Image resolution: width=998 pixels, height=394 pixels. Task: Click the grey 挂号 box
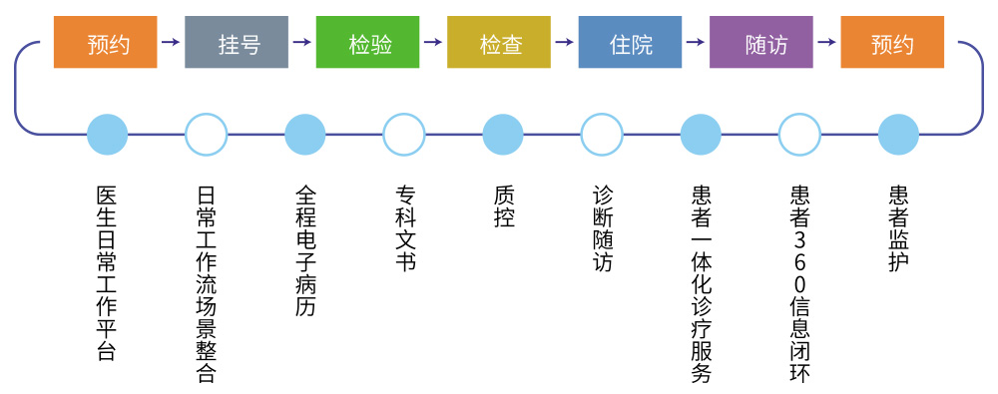[237, 42]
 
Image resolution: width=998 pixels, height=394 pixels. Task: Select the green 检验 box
[367, 42]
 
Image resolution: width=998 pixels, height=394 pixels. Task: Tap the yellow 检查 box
[498, 42]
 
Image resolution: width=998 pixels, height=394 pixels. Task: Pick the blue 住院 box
[630, 42]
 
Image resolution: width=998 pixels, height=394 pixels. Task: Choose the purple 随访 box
[760, 42]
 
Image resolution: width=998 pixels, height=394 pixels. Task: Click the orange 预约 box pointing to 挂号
[105, 42]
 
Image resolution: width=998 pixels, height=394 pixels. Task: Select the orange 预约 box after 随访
[891, 42]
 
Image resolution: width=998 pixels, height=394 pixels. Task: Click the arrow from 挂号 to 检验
[301, 42]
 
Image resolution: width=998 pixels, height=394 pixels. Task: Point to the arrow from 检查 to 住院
[564, 42]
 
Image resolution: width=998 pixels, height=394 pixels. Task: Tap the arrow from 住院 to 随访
[695, 42]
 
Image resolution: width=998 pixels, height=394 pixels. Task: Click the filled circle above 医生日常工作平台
[107, 135]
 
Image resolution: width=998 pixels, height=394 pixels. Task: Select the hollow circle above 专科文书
[403, 135]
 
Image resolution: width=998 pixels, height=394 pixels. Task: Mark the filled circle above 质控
[503, 135]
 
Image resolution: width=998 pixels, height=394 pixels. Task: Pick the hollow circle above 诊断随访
[602, 135]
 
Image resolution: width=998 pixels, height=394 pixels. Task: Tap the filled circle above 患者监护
[898, 135]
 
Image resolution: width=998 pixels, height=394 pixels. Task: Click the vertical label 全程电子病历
[304, 250]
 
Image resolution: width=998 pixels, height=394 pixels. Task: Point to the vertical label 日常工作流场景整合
[207, 284]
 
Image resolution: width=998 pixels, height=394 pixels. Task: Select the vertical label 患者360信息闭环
[799, 284]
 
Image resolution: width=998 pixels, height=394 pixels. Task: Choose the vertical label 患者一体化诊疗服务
[701, 284]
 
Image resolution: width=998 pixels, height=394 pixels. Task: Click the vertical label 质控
[503, 206]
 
